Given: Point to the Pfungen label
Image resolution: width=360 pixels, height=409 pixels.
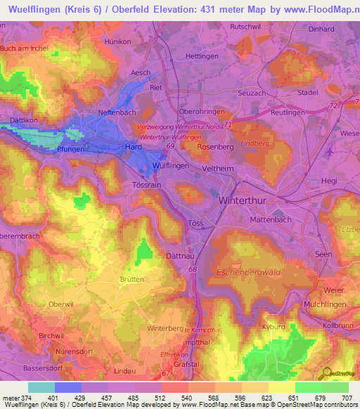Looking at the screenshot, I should [x=71, y=149].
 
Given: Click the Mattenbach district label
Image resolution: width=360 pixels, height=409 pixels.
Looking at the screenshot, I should [x=271, y=219].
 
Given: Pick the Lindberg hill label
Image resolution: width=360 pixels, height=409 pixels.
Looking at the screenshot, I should [x=255, y=143].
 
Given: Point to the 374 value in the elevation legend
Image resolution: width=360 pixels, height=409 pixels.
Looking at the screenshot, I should [x=27, y=399].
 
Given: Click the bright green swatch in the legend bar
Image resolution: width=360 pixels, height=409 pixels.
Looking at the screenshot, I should [x=308, y=387].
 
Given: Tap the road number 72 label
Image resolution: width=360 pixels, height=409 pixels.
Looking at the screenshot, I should [x=333, y=105].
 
